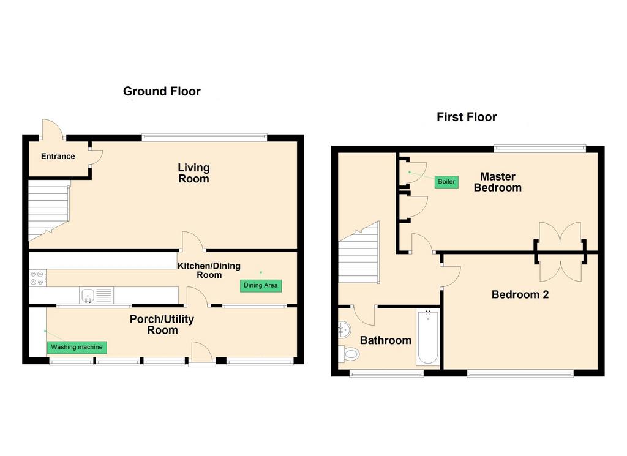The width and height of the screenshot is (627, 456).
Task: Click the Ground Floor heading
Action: pos(162,92)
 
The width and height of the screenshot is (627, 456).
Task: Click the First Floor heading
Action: pos(467,117)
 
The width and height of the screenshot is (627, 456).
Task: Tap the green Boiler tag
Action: pos(446,181)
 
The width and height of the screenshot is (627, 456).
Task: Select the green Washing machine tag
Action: pos(77,347)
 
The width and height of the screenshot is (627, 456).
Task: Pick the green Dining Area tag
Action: pos(261,285)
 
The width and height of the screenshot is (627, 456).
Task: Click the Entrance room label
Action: pos(58,156)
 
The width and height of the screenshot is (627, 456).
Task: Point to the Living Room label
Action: pos(193,173)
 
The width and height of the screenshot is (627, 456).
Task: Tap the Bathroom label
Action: pos(386,340)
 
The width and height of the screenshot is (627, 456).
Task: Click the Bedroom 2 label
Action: pos(520,295)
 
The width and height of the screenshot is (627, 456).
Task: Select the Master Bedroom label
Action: pos(497,182)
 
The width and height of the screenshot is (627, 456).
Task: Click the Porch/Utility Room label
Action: pos(162,324)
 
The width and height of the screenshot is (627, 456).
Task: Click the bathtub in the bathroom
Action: pos(428,337)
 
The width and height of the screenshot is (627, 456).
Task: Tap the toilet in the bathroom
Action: pos(348,353)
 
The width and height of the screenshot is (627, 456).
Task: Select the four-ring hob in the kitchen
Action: pos(37,278)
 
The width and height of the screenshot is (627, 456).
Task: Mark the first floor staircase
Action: pos(359,253)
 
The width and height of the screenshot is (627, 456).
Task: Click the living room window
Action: pos(205,137)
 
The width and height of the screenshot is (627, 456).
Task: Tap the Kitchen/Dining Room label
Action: pos(209,271)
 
